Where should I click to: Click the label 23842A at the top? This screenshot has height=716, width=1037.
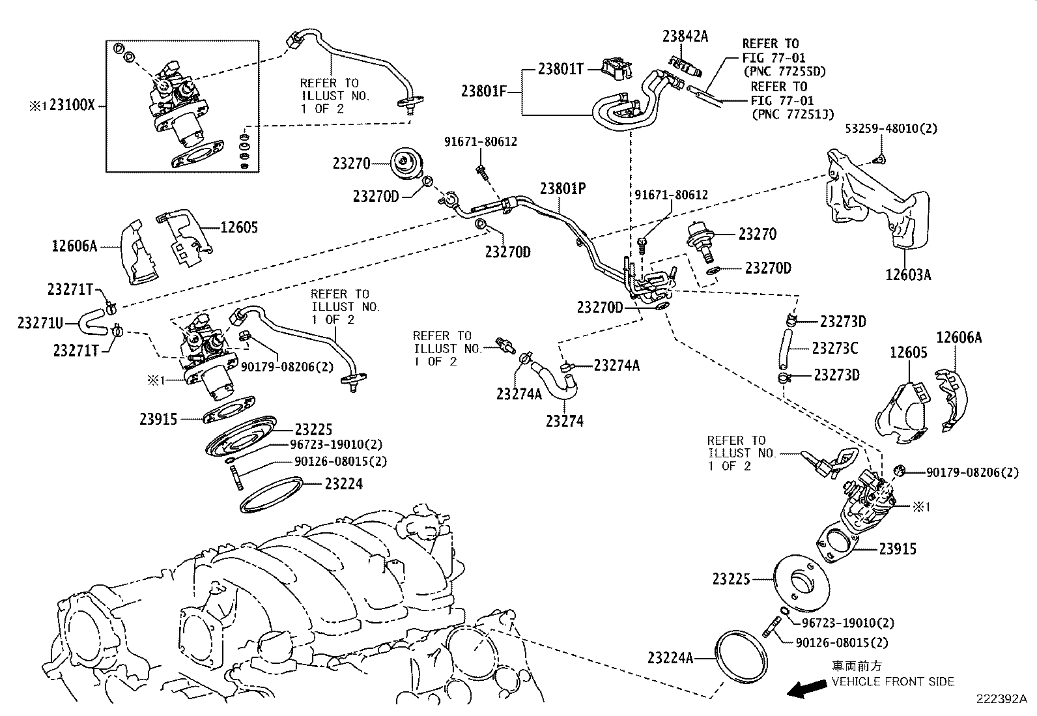coord(685,36)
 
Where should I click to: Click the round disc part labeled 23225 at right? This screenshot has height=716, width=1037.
coord(801,580)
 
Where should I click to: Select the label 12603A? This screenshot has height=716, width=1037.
coord(908,274)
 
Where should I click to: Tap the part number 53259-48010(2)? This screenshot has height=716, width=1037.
coord(891,129)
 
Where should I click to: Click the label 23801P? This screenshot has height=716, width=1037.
coord(563,188)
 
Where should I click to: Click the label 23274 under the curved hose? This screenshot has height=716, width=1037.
coord(565,421)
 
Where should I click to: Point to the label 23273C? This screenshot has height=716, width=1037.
coord(835,349)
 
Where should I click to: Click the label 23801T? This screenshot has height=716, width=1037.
coord(560,68)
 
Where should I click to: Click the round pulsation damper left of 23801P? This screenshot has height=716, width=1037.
coord(408,164)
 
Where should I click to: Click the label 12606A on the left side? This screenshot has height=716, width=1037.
coord(74,246)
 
